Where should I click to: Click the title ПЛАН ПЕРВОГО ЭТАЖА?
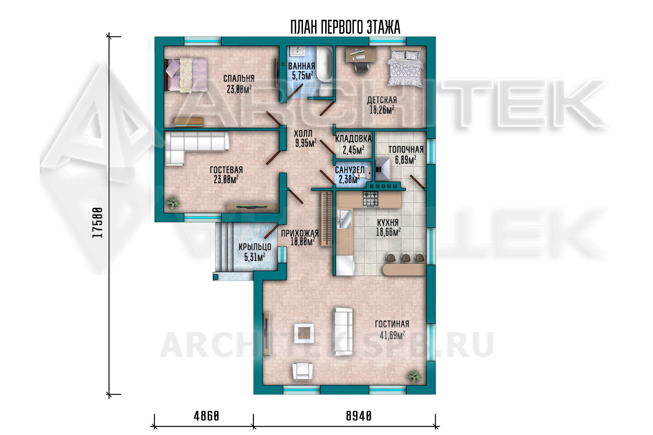(x=345, y=27)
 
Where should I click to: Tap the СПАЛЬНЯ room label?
(x=239, y=78)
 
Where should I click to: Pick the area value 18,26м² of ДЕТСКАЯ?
(x=382, y=110)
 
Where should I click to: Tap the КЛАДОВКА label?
(x=353, y=139)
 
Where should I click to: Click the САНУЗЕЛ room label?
(x=350, y=170)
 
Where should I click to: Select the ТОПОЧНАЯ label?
(x=406, y=150)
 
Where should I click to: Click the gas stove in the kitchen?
(x=370, y=199)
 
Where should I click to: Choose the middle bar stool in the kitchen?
(x=405, y=258)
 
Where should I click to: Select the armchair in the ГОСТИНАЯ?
(x=303, y=371)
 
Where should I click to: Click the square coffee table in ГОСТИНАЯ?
(x=304, y=333)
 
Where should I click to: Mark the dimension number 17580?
(x=98, y=223)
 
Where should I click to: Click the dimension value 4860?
(x=206, y=416)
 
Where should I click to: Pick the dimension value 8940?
(x=359, y=416)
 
